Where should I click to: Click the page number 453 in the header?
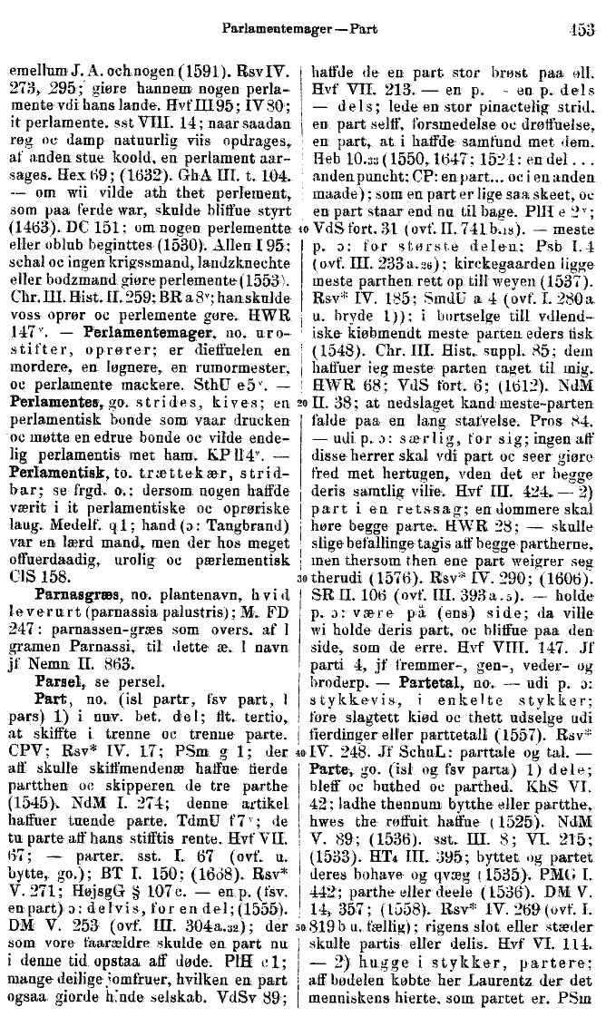point(582,28)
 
